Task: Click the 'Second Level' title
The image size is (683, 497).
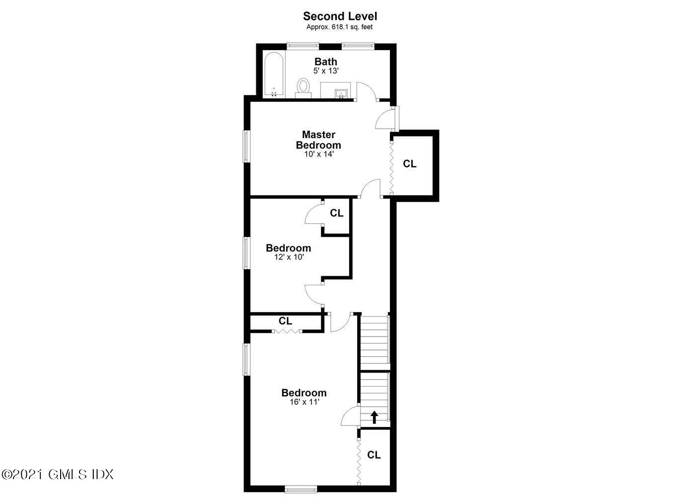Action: coord(340,17)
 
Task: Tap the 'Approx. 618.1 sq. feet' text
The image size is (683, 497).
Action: coord(340,27)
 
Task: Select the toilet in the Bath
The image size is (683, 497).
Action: coord(303,87)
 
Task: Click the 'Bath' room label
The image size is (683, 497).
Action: coord(326,62)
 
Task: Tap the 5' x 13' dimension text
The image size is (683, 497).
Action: coord(326,71)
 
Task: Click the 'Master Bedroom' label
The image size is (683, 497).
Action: coord(318,140)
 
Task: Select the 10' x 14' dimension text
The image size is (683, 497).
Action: coord(318,155)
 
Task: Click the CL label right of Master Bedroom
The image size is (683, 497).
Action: coord(409,164)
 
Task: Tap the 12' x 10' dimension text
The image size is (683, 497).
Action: coord(289,257)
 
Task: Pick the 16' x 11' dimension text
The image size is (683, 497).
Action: coord(304,402)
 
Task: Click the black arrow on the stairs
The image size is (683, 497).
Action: coord(374,416)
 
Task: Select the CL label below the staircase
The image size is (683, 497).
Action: coord(374,455)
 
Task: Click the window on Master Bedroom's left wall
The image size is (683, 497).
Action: coord(245,146)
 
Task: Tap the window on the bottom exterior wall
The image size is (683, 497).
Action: coord(300,489)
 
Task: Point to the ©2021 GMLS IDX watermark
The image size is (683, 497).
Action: coord(58,474)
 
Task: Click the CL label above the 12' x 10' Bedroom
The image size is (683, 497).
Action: coord(337,213)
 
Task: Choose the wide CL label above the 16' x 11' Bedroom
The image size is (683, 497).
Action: coord(285,321)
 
